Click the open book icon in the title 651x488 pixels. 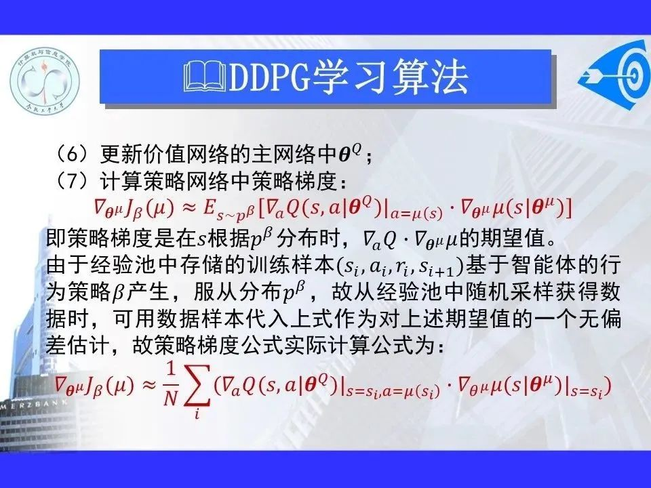point(206,77)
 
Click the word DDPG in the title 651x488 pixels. point(270,77)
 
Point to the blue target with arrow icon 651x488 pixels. point(614,75)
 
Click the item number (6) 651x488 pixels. point(73,155)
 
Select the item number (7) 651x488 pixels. point(73,182)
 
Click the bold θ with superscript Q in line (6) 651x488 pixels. point(351,154)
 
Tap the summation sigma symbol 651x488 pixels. point(197,386)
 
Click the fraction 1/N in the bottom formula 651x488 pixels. point(170,385)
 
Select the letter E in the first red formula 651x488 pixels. point(208,208)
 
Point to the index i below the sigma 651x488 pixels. point(197,413)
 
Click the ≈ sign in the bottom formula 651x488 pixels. point(149,386)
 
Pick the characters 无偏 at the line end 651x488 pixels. point(599,319)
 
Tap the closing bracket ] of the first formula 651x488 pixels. point(569,208)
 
